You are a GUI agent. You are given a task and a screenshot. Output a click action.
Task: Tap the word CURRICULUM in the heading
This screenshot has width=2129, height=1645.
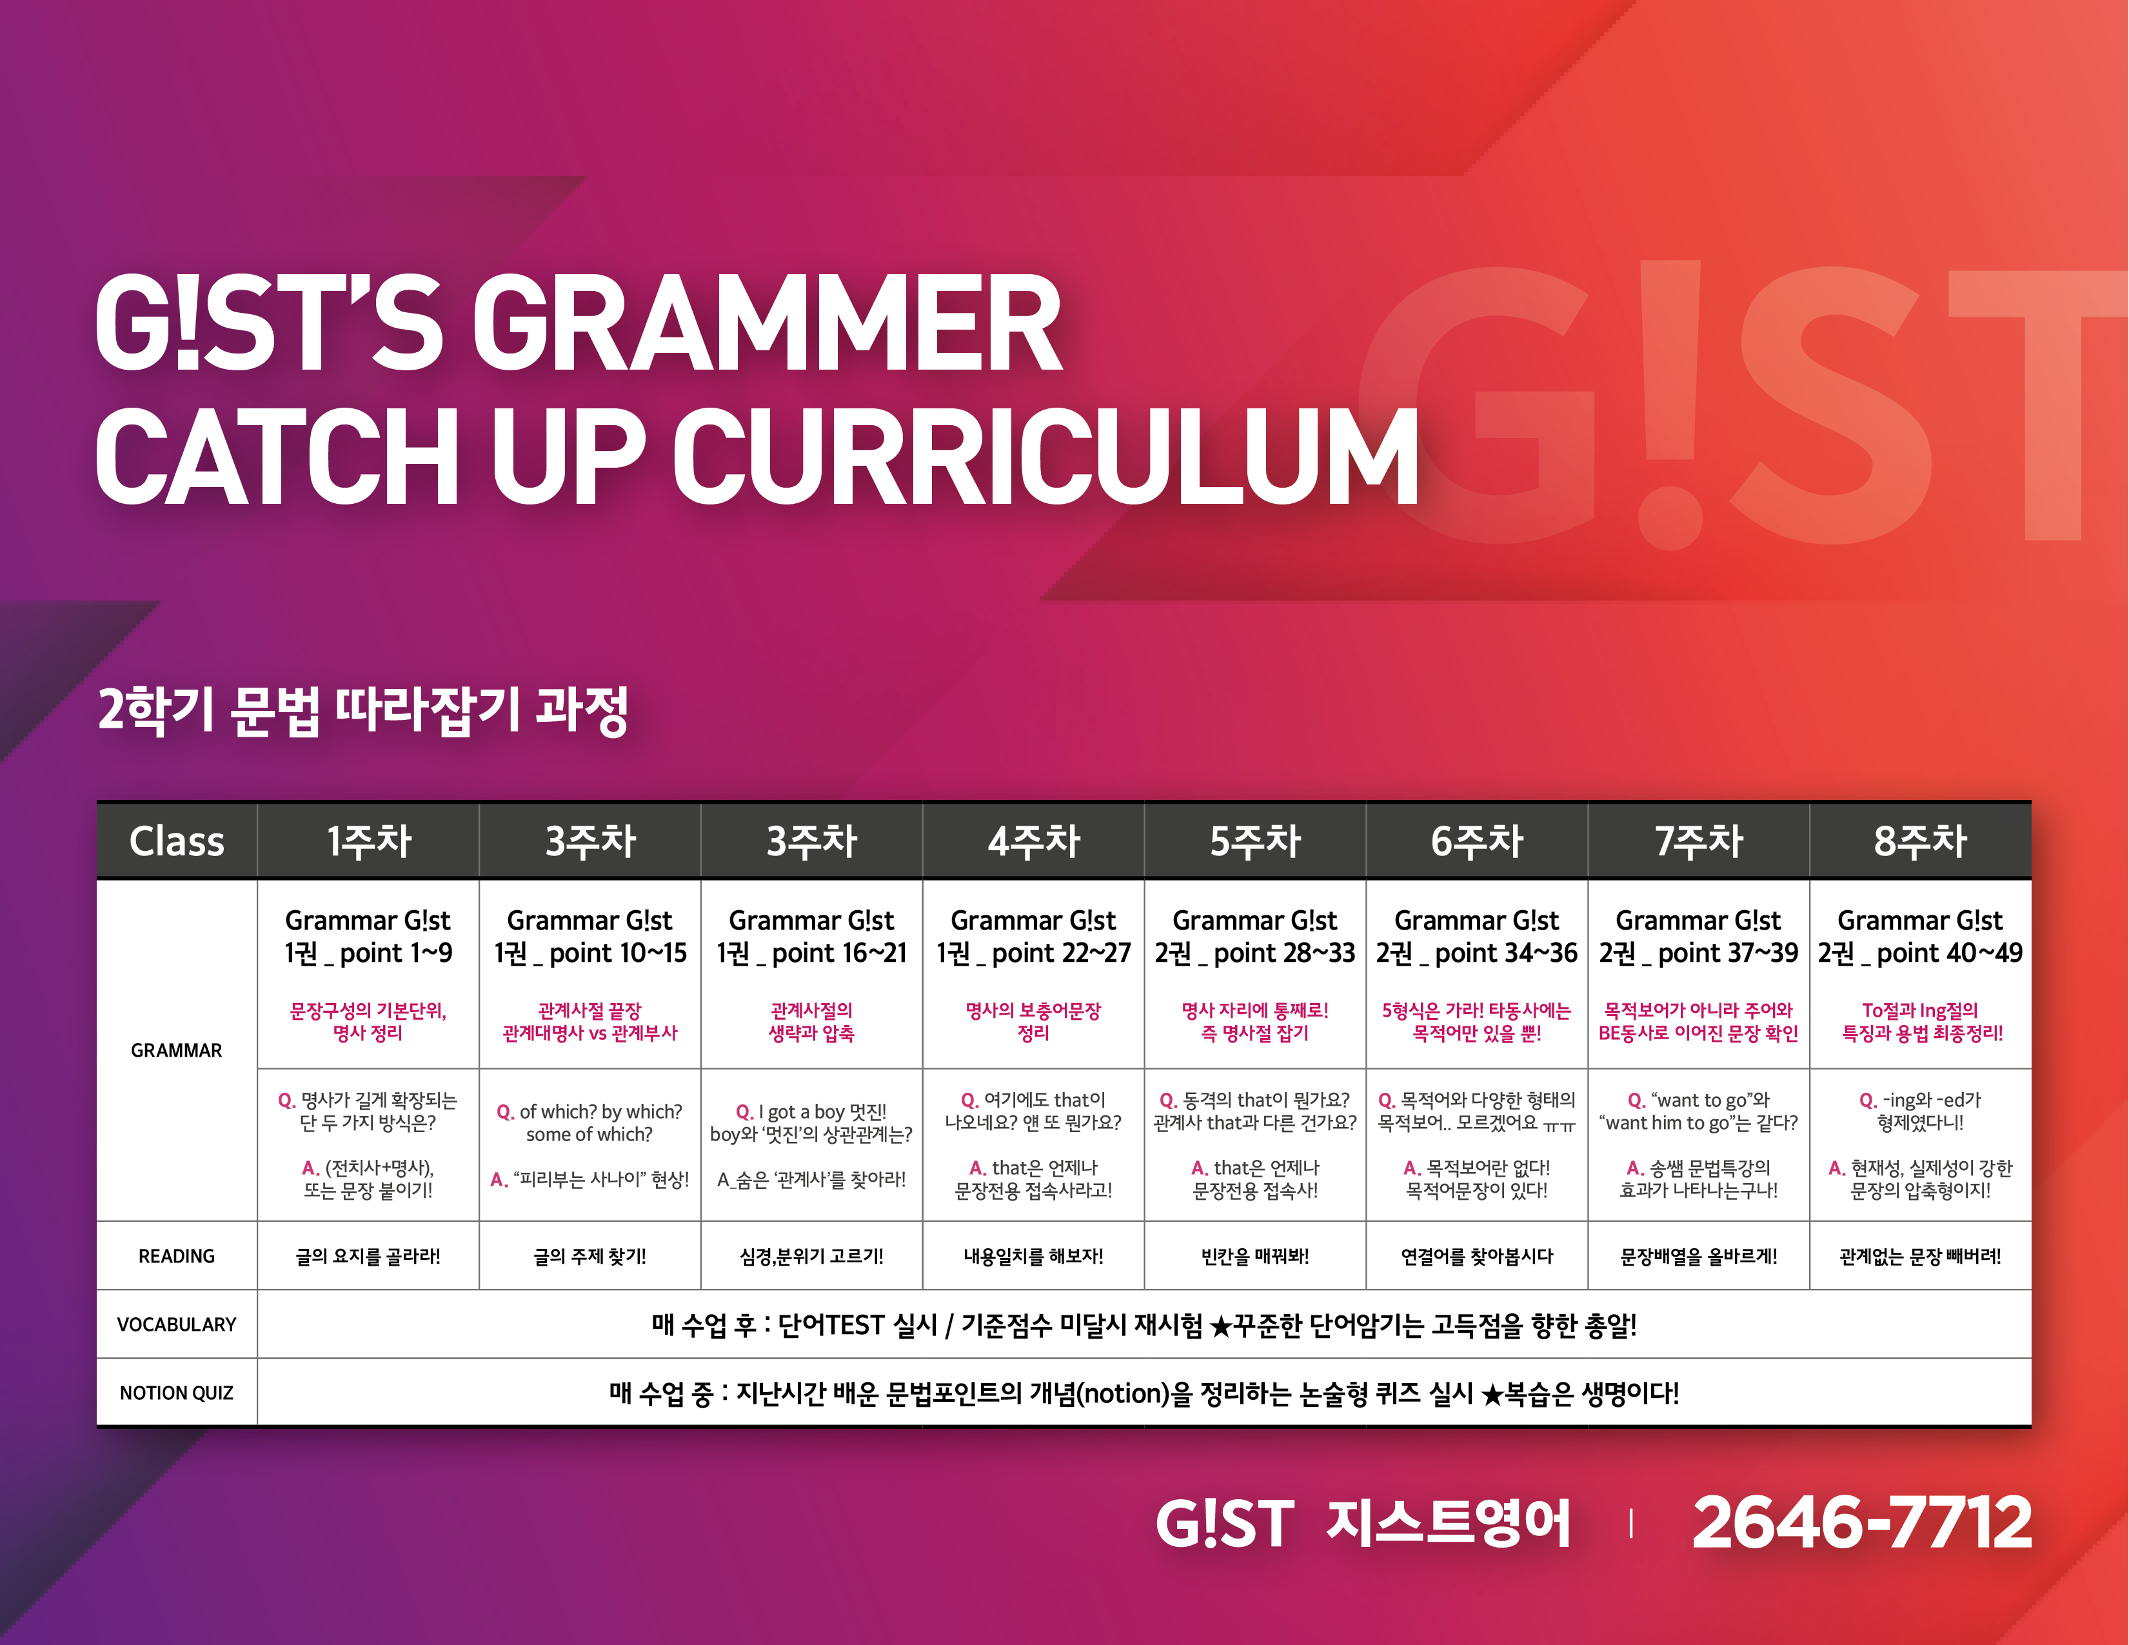(1045, 455)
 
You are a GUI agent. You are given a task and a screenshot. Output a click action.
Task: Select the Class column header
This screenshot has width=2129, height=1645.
(177, 841)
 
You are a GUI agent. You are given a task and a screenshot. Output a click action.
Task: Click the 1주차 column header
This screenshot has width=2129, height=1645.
(368, 841)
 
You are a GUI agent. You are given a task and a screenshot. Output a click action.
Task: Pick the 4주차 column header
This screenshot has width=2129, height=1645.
(1033, 841)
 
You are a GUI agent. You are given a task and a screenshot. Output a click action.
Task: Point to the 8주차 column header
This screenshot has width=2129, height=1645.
(1921, 841)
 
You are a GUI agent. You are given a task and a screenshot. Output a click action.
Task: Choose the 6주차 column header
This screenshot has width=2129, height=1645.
(1477, 841)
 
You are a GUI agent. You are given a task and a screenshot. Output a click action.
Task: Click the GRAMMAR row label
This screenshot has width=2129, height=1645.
(177, 1050)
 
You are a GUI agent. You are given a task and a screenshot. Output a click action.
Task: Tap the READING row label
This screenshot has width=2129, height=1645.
(177, 1256)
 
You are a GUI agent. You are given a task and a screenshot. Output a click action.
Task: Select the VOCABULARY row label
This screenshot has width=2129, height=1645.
(177, 1324)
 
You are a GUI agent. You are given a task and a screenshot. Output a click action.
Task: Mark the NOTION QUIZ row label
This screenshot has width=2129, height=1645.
(177, 1393)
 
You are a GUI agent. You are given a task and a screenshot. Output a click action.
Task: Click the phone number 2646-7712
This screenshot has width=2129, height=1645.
(1862, 1522)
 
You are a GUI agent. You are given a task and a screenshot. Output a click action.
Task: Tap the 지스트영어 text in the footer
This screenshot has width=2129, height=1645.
(1449, 1522)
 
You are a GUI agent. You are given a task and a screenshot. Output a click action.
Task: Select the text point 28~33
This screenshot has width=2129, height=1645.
(1284, 953)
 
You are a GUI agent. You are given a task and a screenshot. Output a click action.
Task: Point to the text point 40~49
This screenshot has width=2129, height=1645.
(1950, 953)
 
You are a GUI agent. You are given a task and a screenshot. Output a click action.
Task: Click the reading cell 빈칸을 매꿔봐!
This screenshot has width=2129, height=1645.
(1256, 1256)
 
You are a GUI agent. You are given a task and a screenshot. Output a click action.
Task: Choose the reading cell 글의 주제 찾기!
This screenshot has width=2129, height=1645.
(589, 1256)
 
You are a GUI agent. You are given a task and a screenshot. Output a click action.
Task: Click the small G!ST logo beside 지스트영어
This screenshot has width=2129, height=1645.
(1224, 1523)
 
